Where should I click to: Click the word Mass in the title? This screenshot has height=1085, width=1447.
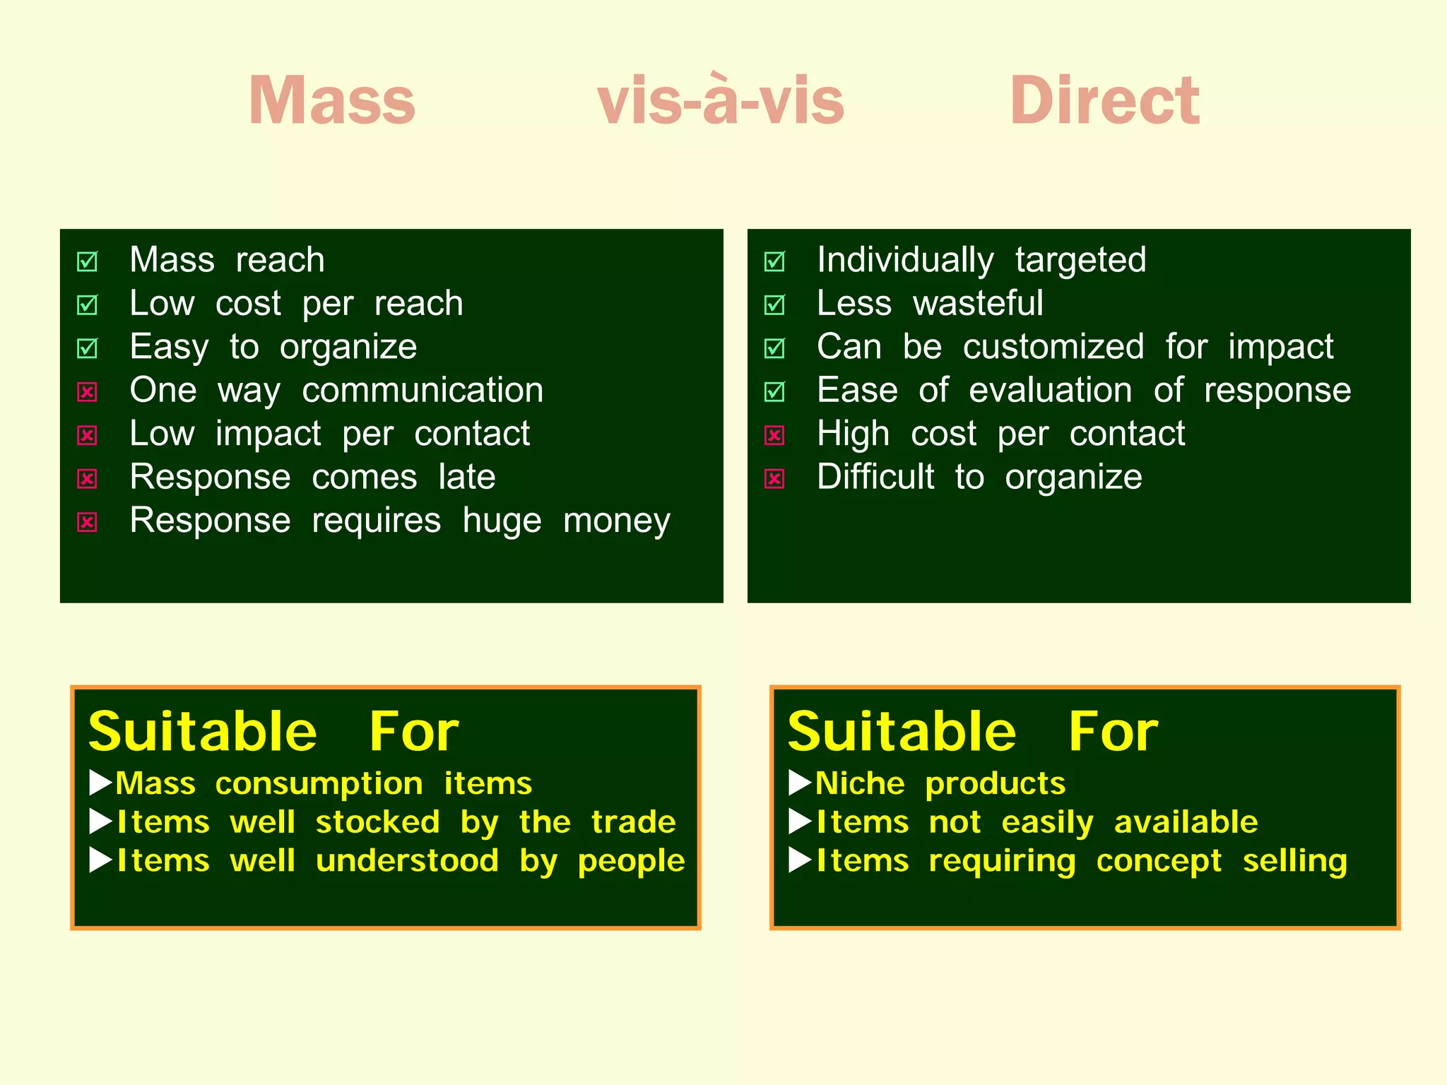click(331, 101)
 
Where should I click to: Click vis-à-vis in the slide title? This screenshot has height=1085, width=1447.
click(720, 101)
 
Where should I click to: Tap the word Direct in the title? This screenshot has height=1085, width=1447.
click(1104, 101)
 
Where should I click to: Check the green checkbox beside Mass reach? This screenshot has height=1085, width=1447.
click(88, 261)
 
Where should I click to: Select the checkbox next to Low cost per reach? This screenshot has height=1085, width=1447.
click(88, 304)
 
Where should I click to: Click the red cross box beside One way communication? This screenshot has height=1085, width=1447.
click(88, 391)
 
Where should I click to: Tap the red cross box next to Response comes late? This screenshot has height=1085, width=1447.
click(88, 478)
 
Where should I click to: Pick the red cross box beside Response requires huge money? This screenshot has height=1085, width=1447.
click(88, 522)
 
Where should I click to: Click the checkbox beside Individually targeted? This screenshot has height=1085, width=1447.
click(775, 261)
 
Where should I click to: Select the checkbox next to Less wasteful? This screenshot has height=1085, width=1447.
click(775, 304)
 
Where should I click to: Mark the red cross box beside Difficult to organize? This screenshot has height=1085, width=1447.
click(775, 478)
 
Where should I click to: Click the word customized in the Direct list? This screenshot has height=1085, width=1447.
click(1053, 347)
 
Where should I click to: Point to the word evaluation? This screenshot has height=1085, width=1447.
click(1050, 391)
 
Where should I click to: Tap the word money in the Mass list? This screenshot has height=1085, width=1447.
click(616, 521)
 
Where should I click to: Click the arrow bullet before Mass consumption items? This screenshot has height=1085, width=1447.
click(101, 783)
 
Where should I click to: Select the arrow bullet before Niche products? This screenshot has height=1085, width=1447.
click(800, 783)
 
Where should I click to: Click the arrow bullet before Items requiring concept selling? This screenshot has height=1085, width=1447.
click(800, 860)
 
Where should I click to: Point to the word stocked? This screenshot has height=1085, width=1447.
click(377, 822)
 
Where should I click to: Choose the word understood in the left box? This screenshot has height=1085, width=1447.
click(407, 861)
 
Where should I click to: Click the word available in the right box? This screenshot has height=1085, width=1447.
click(1186, 822)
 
